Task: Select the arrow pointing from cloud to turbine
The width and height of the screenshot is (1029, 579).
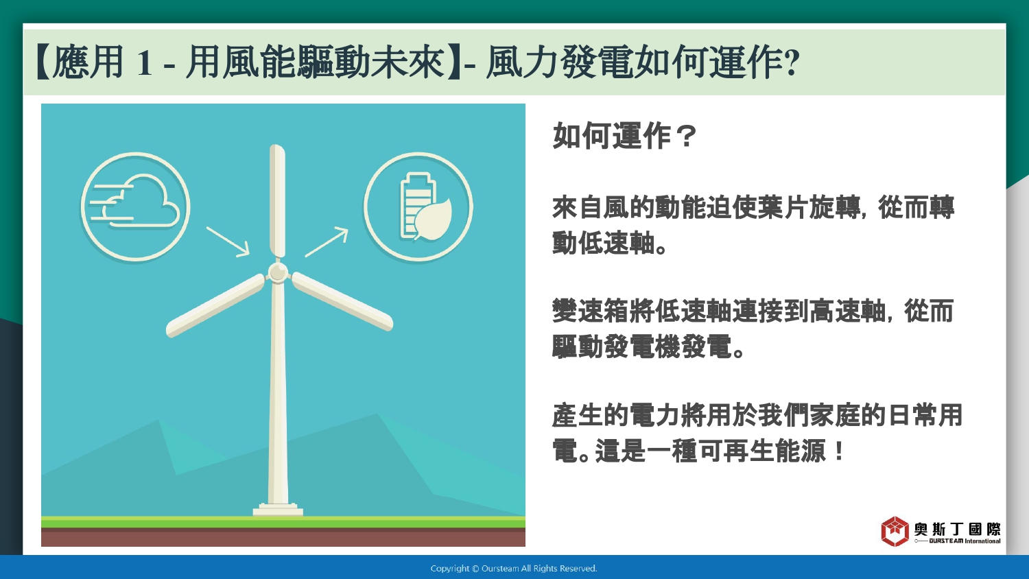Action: [228, 241]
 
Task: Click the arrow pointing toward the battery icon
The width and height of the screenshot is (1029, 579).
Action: [327, 241]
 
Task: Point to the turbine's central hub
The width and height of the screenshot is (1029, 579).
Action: [278, 272]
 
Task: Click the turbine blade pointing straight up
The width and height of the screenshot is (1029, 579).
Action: [277, 201]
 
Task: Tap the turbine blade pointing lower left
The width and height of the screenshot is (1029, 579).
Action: [215, 305]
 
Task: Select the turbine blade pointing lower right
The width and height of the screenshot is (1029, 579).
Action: [342, 301]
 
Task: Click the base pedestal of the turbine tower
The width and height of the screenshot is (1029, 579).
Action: [278, 510]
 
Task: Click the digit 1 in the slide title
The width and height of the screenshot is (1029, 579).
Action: [144, 62]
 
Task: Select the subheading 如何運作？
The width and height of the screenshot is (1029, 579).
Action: [625, 136]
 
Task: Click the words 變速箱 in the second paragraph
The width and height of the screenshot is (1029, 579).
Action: [590, 311]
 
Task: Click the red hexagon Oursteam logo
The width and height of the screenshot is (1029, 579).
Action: [895, 531]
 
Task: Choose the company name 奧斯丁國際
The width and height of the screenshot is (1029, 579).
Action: [957, 530]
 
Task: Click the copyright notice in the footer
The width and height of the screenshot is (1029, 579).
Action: [514, 569]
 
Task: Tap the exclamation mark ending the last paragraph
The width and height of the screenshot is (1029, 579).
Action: [838, 451]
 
